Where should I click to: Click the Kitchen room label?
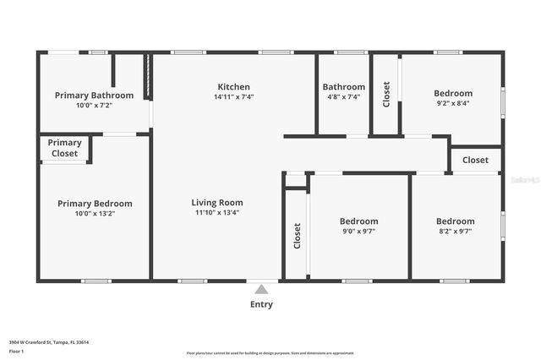(x=233, y=87)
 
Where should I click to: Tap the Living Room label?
(x=217, y=203)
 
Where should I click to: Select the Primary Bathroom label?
(x=95, y=95)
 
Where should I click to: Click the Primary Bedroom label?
(x=95, y=204)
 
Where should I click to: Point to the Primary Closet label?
(x=64, y=148)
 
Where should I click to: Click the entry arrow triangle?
(x=261, y=289)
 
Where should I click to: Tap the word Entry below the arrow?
(x=261, y=304)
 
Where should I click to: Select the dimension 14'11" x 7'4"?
(x=233, y=97)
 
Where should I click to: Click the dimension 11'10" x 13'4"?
(x=217, y=213)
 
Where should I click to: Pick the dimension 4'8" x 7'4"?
(x=342, y=97)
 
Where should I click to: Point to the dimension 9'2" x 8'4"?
(x=452, y=104)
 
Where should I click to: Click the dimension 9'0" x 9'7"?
(x=358, y=231)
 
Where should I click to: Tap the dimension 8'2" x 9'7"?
(x=455, y=231)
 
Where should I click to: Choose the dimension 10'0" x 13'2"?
(x=95, y=214)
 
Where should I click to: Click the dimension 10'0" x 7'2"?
(x=95, y=106)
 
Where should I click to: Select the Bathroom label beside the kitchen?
(x=343, y=87)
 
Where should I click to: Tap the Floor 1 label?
(x=16, y=351)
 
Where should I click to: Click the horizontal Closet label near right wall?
(x=475, y=160)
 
